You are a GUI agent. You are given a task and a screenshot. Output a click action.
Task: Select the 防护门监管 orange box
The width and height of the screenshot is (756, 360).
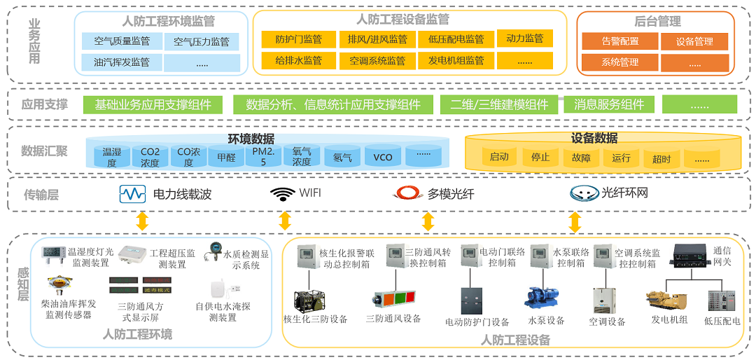(299, 39)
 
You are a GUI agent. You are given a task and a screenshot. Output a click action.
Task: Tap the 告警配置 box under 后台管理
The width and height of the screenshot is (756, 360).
(619, 41)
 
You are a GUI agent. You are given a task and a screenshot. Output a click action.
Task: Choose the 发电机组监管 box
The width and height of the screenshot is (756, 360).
(456, 60)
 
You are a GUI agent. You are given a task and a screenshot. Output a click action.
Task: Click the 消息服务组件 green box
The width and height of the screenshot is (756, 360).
(609, 104)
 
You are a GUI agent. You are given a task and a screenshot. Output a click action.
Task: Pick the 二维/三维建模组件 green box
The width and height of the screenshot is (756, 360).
(499, 104)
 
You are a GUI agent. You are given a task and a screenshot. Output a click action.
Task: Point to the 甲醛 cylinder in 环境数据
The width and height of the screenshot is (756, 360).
(226, 157)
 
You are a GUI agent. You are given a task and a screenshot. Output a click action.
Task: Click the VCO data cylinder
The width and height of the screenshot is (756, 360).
(382, 157)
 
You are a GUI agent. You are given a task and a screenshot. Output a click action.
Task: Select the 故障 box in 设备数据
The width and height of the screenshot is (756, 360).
(581, 157)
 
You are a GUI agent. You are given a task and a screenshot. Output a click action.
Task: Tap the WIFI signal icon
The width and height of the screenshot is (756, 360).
(283, 193)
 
